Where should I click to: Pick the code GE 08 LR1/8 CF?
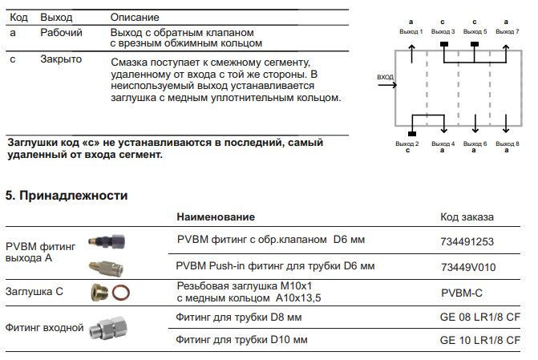click(478, 318)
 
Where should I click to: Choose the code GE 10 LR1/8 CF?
click(478, 340)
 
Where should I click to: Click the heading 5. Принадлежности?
click(67, 195)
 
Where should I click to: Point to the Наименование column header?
click(216, 216)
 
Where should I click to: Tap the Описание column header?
click(134, 17)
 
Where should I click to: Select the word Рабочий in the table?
click(61, 32)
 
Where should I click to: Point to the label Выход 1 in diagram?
click(411, 30)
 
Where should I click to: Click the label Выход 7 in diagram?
click(507, 30)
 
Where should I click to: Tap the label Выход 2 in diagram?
click(408, 143)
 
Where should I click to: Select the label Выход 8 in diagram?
click(506, 143)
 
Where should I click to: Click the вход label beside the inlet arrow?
click(385, 78)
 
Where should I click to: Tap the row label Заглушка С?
click(34, 292)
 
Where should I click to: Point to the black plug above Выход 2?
click(412, 131)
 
